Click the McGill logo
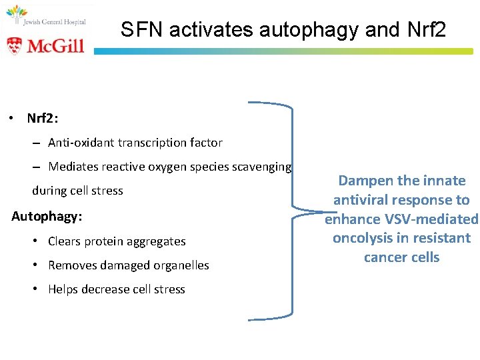pos(45,45)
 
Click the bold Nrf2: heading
pos(43,119)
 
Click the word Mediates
pos(73,167)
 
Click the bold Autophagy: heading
pos(45,217)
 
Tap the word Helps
pos(63,289)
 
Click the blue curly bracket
pos(291,213)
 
